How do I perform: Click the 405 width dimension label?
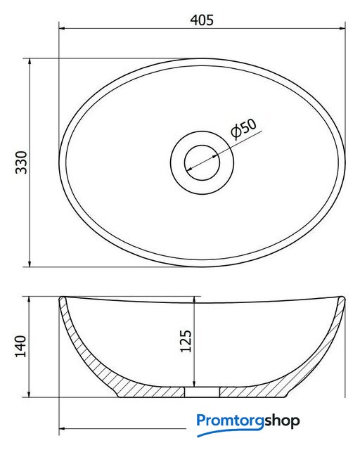pos(202,20)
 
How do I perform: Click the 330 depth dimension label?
pos(22,162)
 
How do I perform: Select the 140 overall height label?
pos(20,346)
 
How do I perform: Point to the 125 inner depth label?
pos(186,341)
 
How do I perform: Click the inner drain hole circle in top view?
pos(202,162)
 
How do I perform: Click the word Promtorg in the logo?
pos(230,420)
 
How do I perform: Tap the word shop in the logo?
pos(282,420)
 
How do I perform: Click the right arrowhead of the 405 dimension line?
pos(342,28)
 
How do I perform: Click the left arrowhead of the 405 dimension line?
pos(63,28)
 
